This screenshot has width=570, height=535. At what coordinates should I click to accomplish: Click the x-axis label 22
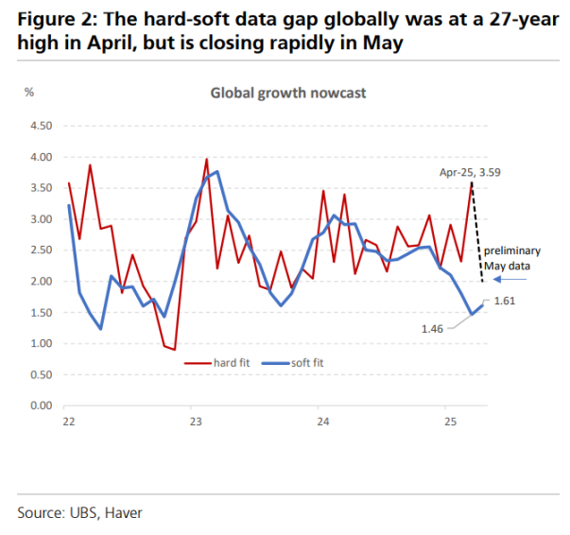[68, 422]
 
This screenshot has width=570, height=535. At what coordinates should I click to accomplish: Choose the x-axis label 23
[194, 422]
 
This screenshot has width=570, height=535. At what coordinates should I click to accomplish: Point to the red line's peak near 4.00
[206, 160]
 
